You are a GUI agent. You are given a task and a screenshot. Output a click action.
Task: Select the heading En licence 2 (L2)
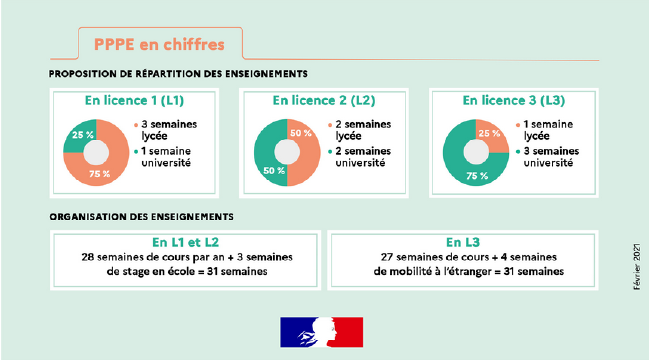point(324,100)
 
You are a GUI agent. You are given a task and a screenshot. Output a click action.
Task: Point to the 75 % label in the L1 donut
point(101,174)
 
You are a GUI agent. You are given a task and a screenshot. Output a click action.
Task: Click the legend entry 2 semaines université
point(359,158)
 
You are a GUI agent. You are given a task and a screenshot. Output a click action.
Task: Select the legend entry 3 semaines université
point(549,158)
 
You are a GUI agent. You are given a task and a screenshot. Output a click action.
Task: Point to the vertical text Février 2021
point(637,265)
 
